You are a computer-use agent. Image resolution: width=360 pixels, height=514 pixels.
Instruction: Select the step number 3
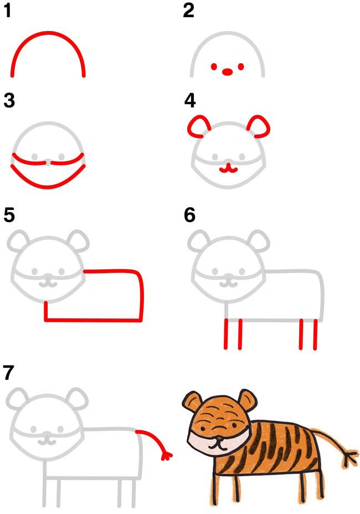(9, 100)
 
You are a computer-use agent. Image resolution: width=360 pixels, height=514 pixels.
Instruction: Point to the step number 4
(190, 100)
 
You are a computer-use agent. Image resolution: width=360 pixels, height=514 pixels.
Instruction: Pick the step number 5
(9, 215)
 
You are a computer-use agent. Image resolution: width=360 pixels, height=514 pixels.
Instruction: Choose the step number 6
(190, 215)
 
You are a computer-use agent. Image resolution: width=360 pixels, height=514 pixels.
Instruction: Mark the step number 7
(8, 372)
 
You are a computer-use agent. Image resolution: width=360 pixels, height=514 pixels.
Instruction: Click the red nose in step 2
(227, 71)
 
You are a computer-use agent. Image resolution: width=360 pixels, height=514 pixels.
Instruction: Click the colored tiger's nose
(217, 438)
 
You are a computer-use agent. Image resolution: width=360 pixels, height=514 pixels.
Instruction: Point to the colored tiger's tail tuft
(350, 456)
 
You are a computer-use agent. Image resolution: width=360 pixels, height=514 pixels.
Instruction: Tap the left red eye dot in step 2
(214, 67)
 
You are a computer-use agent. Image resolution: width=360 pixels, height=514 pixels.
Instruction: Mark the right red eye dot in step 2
(241, 67)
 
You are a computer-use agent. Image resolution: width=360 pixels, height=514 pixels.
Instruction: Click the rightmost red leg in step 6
(315, 335)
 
